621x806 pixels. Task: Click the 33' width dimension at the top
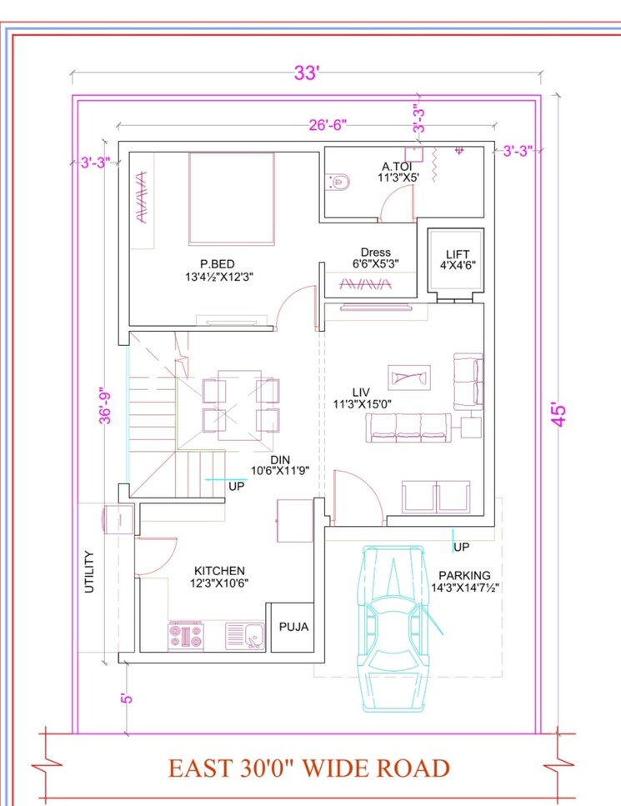tap(306, 73)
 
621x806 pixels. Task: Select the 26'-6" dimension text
tap(327, 125)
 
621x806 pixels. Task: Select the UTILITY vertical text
tap(88, 572)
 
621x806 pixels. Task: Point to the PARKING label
tap(464, 575)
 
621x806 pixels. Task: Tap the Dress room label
tap(375, 253)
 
